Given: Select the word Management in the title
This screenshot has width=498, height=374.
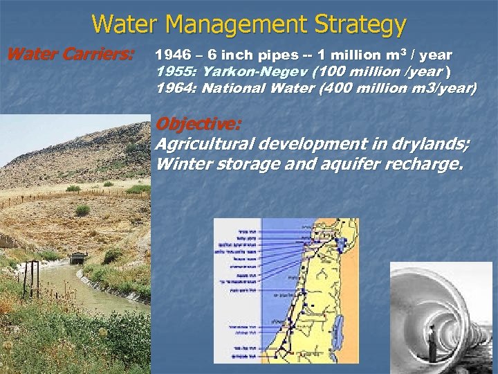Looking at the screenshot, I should click(x=227, y=25).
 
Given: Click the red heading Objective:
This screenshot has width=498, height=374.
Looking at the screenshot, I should click(x=199, y=125).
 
